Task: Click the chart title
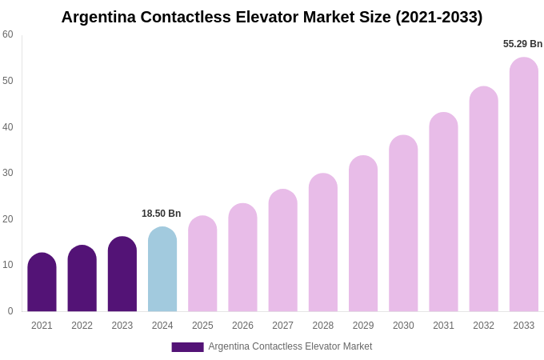tap(272, 17)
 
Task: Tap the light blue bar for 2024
tap(162, 270)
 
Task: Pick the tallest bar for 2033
tap(524, 185)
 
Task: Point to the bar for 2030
tap(403, 223)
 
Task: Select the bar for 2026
tap(242, 258)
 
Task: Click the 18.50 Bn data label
tap(162, 214)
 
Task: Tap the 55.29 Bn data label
tap(522, 44)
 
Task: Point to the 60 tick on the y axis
tap(8, 34)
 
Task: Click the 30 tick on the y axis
tap(8, 173)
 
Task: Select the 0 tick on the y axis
tap(10, 311)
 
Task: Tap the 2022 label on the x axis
tap(82, 326)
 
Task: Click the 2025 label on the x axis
tap(202, 326)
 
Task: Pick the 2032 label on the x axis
tap(483, 326)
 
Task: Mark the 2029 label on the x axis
tap(363, 326)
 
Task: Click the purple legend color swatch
tap(187, 347)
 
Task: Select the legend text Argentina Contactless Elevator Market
tap(290, 346)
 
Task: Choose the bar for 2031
tap(443, 212)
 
